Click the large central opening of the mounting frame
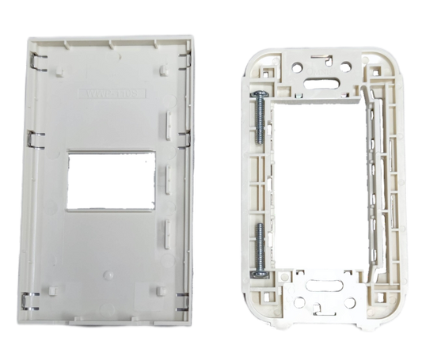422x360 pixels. tap(317, 186)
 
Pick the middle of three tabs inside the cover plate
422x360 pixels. tap(165, 173)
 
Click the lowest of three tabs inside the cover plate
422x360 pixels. tap(165, 229)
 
